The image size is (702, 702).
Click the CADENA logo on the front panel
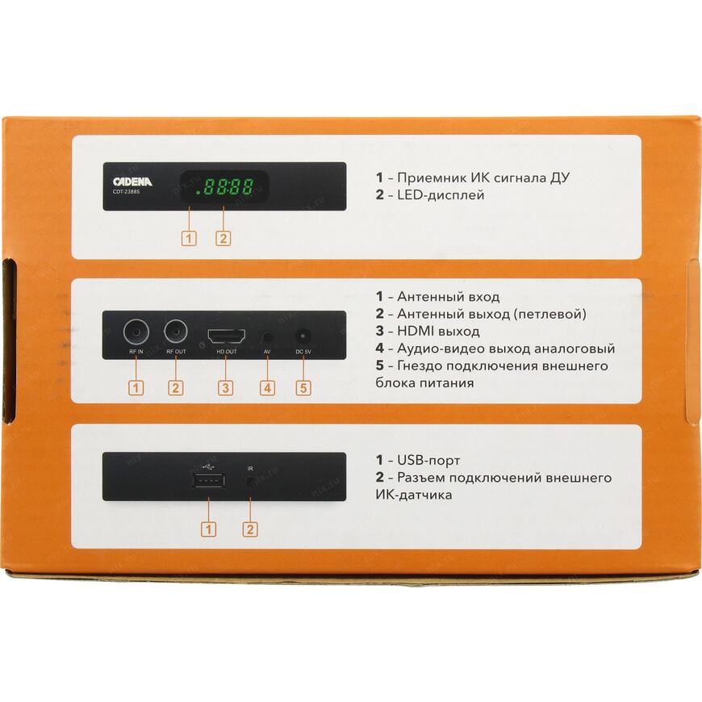pyautogui.click(x=132, y=182)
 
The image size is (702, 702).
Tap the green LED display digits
pyautogui.click(x=225, y=186)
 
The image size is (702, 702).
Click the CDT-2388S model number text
pyautogui.click(x=126, y=192)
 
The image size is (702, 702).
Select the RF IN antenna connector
pyautogui.click(x=136, y=332)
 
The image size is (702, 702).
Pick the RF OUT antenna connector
pyautogui.click(x=176, y=332)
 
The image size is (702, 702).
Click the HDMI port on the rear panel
pyautogui.click(x=227, y=336)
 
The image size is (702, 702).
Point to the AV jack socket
pyautogui.click(x=267, y=336)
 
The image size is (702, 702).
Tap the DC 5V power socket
pyautogui.click(x=303, y=336)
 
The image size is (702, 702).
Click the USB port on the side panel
pyautogui.click(x=209, y=481)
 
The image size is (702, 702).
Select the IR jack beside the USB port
pyautogui.click(x=250, y=481)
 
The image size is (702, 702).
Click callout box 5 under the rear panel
pyautogui.click(x=303, y=387)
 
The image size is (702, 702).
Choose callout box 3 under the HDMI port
pyautogui.click(x=226, y=387)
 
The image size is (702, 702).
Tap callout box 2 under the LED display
pyautogui.click(x=224, y=238)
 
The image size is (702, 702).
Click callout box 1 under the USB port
pyautogui.click(x=209, y=529)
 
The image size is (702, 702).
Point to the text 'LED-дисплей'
pyautogui.click(x=441, y=195)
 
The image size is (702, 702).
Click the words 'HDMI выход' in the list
pyautogui.click(x=438, y=332)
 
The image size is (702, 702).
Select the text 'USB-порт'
pyautogui.click(x=428, y=460)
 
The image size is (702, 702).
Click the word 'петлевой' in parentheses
pyautogui.click(x=549, y=315)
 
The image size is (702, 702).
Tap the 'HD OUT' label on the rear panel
pyautogui.click(x=227, y=352)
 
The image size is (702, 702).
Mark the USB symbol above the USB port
pyautogui.click(x=209, y=467)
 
